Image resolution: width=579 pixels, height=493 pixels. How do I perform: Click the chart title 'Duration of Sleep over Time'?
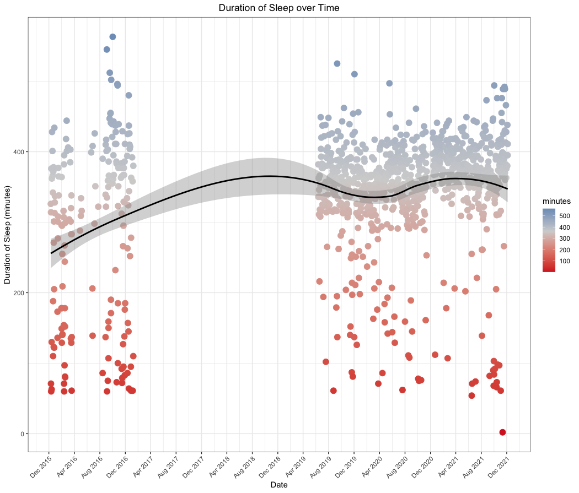[x=279, y=8]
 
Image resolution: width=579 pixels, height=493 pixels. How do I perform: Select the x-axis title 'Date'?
[x=279, y=484]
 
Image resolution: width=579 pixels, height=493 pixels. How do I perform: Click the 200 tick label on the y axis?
[x=18, y=292]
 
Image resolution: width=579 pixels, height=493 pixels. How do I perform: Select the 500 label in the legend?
[x=565, y=215]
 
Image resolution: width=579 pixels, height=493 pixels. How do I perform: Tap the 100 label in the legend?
[x=565, y=261]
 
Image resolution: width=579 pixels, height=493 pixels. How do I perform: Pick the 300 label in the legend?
[x=565, y=239]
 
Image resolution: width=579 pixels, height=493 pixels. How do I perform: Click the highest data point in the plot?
[x=112, y=37]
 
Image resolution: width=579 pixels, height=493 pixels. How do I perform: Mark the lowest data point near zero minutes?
[x=502, y=432]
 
